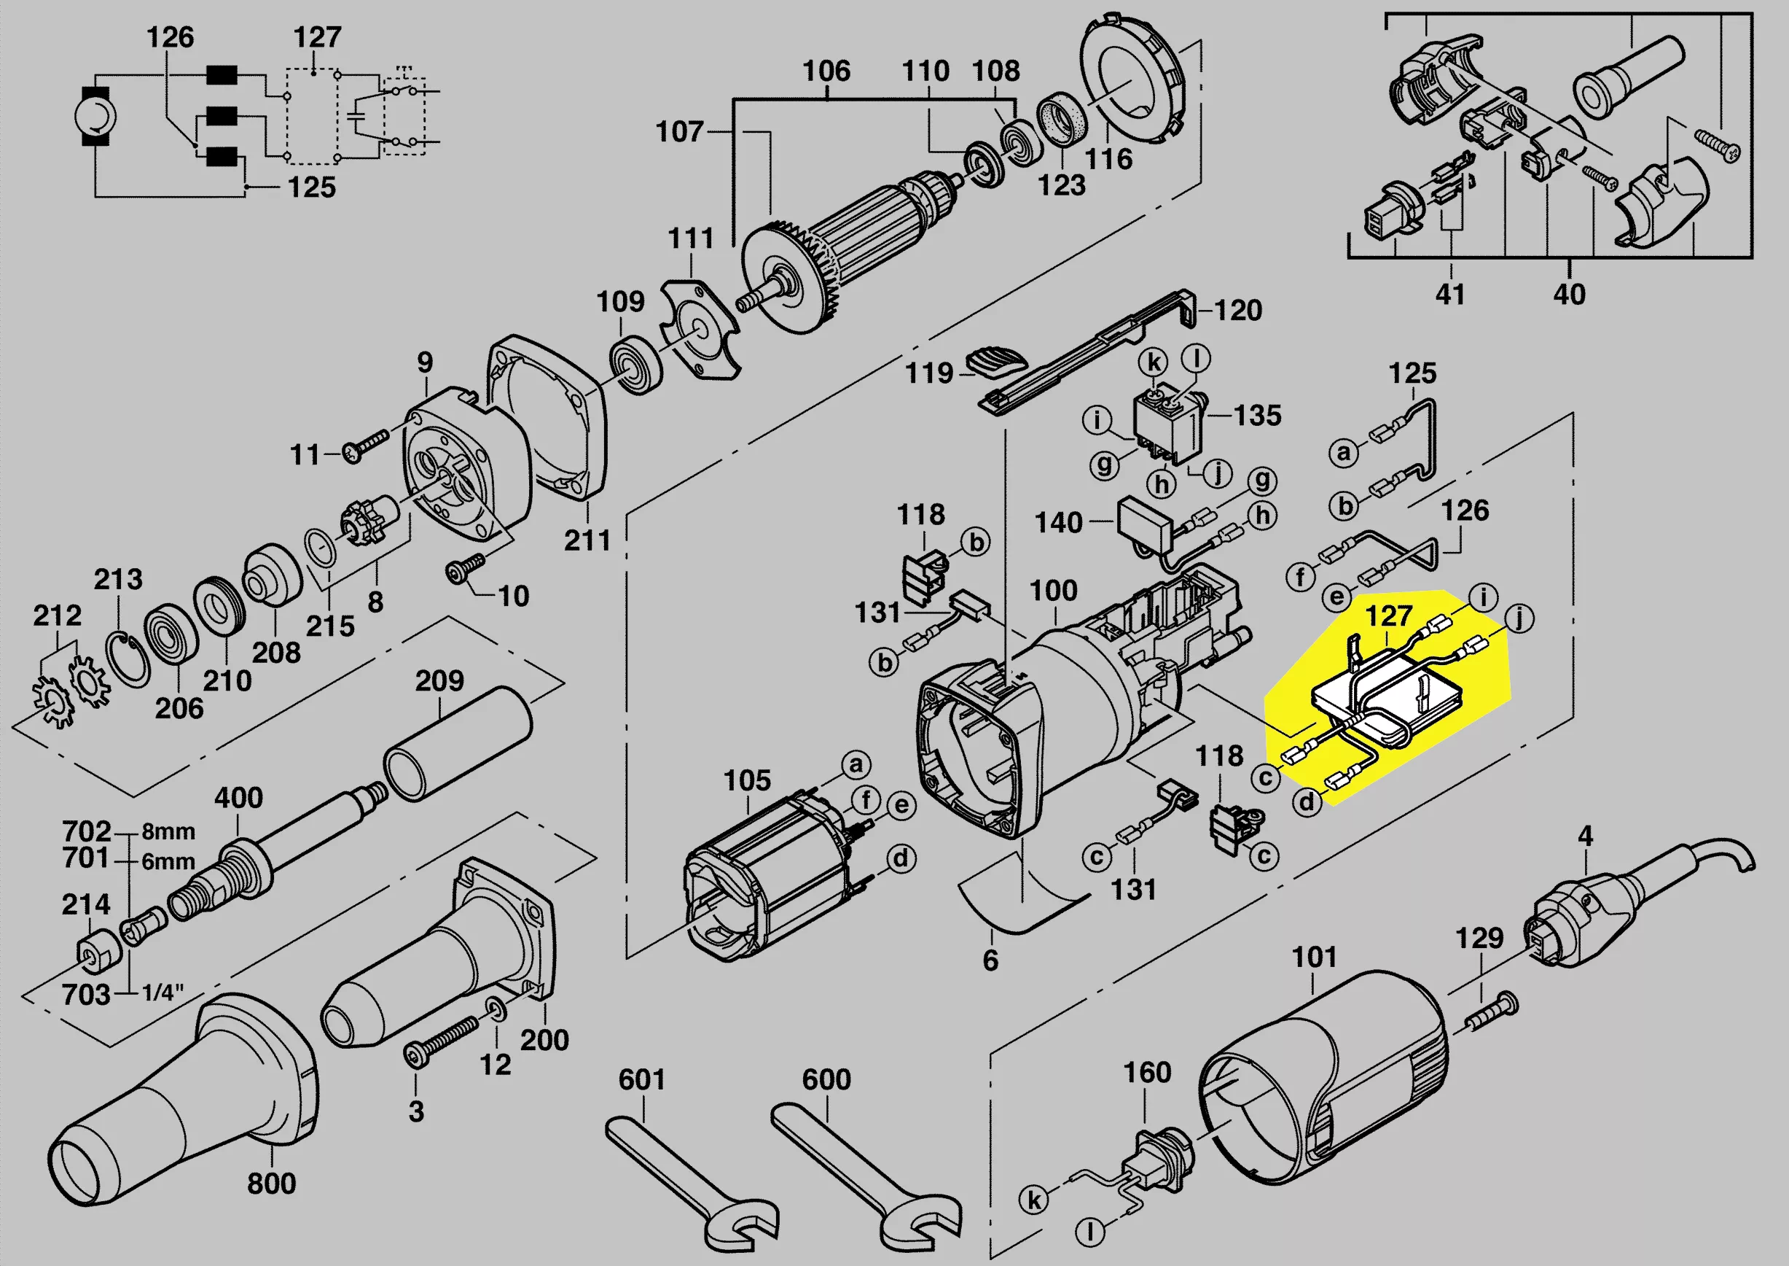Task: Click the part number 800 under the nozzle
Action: (271, 1184)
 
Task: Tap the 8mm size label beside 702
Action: (168, 831)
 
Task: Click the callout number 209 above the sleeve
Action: (439, 680)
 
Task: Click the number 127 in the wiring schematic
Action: (317, 36)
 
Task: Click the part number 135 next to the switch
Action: (1257, 415)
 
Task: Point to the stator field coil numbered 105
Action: (764, 881)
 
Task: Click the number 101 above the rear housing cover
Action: (1314, 957)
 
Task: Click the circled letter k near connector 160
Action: (1034, 1199)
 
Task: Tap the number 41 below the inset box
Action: (1449, 294)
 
